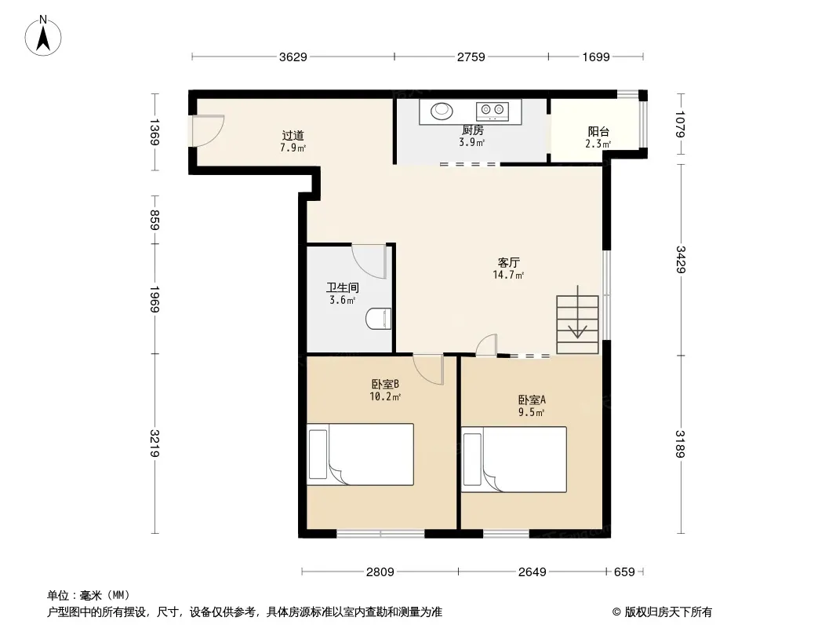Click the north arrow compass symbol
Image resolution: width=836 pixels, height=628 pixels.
(x=43, y=36)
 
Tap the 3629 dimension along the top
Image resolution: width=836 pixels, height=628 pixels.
(x=293, y=57)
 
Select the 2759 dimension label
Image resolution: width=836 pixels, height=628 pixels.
(x=471, y=57)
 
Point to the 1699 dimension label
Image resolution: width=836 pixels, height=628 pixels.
(x=595, y=57)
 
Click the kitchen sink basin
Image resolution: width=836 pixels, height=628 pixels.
(x=442, y=111)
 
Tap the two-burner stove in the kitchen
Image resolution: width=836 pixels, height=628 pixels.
(x=492, y=111)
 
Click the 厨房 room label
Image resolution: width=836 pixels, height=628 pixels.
(x=472, y=130)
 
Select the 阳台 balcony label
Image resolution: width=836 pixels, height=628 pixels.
(x=598, y=131)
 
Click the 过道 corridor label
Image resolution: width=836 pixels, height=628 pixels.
(x=293, y=136)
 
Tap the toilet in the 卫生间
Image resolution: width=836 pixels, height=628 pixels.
(x=379, y=319)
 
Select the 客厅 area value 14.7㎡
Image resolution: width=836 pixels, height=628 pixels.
(x=508, y=275)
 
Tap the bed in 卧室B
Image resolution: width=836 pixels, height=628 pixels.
(x=361, y=455)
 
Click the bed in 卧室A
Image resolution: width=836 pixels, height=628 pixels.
(x=514, y=459)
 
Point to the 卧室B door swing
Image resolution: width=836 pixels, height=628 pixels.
(x=429, y=369)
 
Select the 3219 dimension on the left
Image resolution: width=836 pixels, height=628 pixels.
(x=154, y=444)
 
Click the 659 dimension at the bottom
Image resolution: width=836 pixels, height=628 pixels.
(x=624, y=572)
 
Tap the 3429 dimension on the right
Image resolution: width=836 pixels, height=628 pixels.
(x=680, y=259)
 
